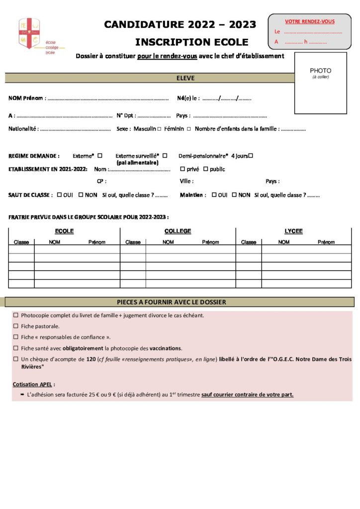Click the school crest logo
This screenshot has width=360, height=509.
(x=29, y=33)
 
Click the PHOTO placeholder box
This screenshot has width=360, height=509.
(x=320, y=83)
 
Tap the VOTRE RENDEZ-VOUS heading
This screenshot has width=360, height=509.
(x=309, y=21)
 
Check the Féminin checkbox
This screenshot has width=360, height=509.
(x=189, y=129)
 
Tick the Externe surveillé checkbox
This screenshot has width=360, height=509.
(x=165, y=156)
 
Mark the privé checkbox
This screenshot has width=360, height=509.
(x=182, y=169)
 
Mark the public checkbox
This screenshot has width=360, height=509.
(x=205, y=169)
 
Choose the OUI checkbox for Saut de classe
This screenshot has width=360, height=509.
(x=59, y=195)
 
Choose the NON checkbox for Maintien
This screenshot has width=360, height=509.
(x=234, y=195)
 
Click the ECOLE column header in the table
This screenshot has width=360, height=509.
(x=64, y=231)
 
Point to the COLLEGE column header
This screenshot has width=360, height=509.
(x=178, y=231)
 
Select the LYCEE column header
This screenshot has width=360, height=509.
(x=293, y=231)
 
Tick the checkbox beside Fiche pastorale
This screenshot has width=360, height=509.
(x=16, y=326)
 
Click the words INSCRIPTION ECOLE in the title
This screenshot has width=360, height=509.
(x=191, y=42)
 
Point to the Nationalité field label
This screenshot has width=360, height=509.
(x=23, y=129)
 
